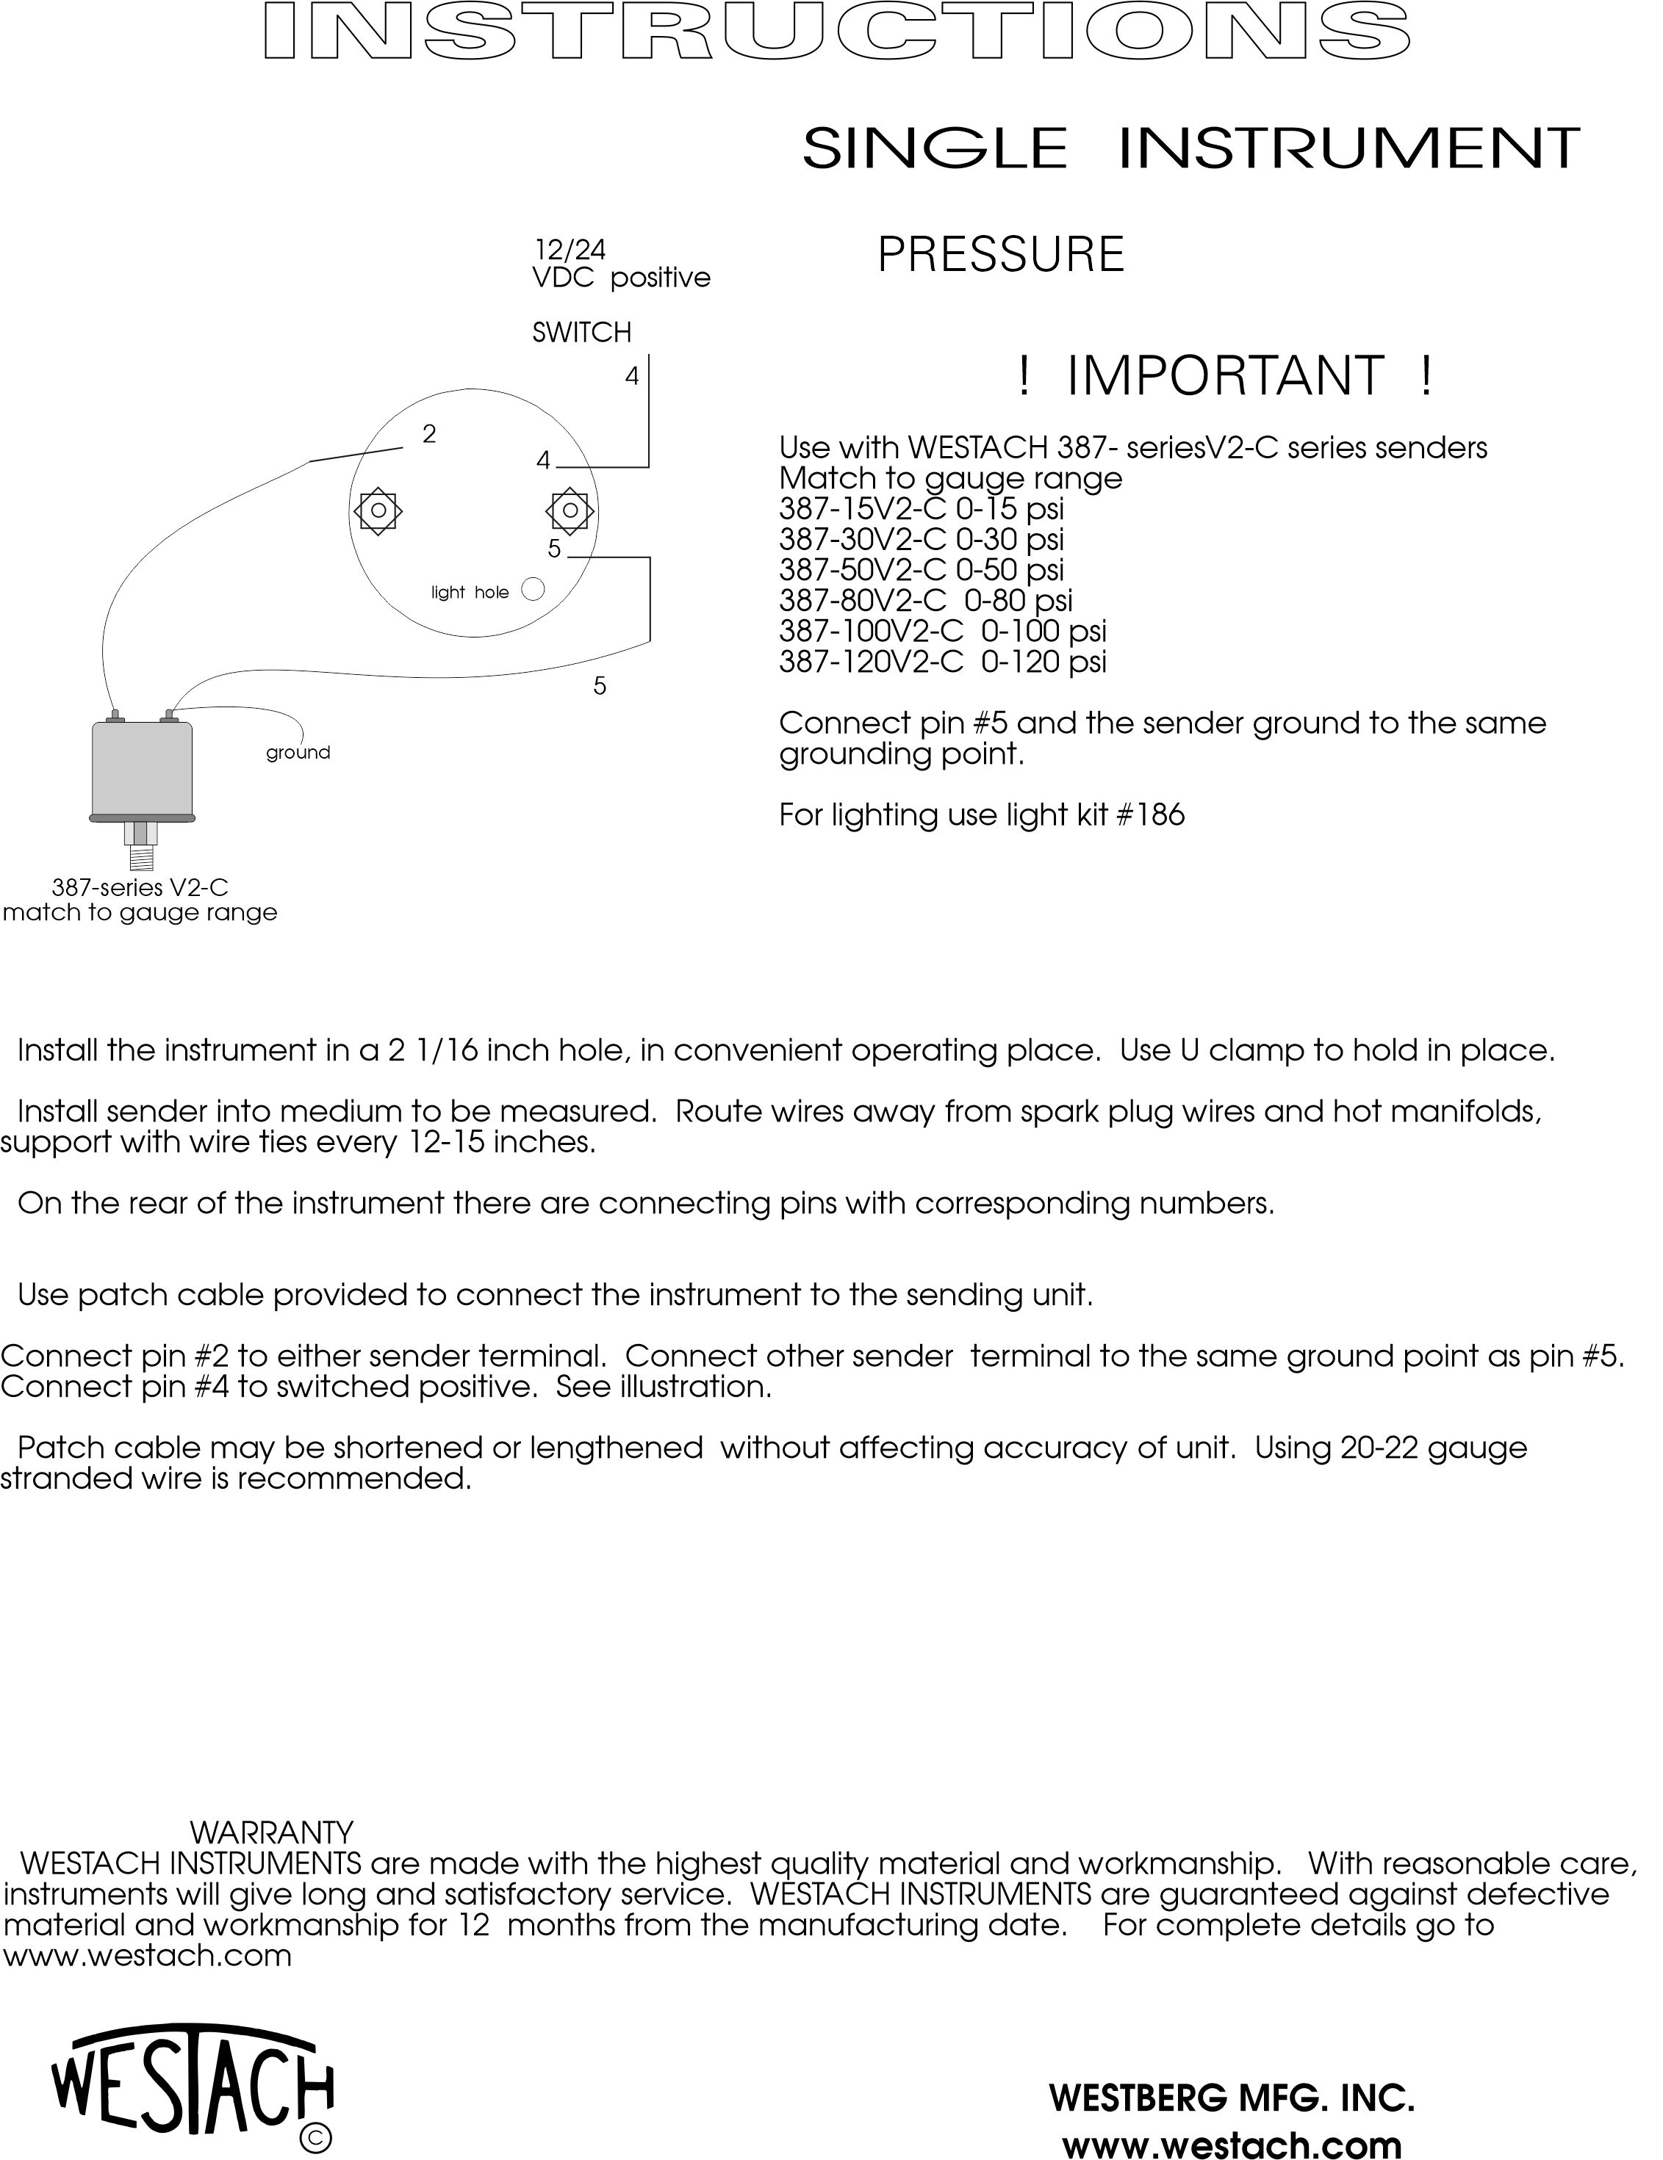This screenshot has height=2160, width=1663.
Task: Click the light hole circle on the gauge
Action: [532, 590]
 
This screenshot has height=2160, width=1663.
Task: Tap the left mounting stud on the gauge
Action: [377, 511]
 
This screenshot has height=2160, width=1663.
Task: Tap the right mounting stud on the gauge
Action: [569, 511]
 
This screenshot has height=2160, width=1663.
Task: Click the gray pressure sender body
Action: [142, 768]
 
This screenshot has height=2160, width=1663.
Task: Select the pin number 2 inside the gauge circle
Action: [428, 434]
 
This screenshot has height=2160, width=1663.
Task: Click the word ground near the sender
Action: [298, 753]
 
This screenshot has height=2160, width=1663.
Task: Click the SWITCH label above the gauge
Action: [582, 332]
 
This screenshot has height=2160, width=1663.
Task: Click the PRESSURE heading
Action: [1001, 255]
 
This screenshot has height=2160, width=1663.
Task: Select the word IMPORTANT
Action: [1225, 376]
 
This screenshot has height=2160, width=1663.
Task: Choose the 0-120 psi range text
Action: [1044, 662]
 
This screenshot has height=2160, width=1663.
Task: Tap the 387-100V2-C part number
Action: [871, 631]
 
